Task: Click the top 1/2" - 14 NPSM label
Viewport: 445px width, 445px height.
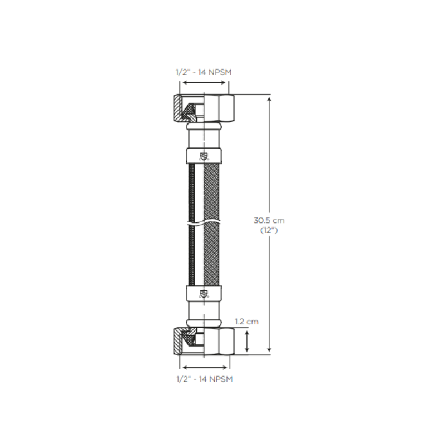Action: point(204,72)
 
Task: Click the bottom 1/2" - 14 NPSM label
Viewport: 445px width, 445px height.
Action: point(204,379)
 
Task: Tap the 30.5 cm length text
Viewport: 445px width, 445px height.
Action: point(269,220)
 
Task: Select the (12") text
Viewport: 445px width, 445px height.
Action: point(269,230)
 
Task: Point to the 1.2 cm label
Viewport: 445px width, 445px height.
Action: point(246,322)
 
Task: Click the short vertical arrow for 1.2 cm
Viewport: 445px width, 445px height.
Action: point(247,340)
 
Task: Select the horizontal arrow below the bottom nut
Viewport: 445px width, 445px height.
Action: point(204,367)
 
